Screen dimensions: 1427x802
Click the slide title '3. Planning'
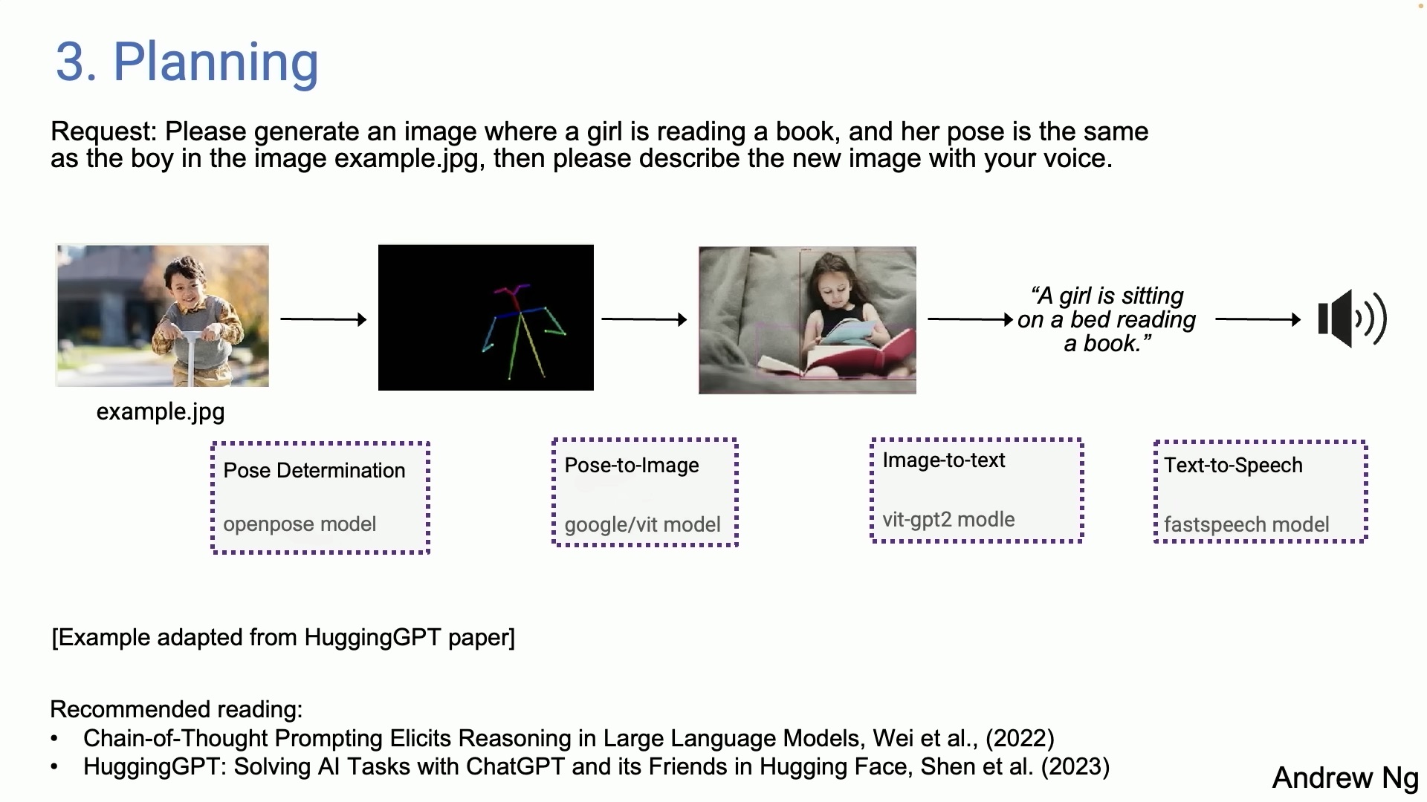[x=187, y=62]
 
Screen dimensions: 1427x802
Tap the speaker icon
[x=1352, y=319]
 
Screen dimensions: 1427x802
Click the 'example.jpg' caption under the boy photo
[x=161, y=412]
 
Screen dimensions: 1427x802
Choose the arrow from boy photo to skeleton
[x=323, y=319]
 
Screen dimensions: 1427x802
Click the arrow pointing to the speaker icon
[x=1258, y=319]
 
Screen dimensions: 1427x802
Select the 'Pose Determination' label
[x=314, y=471]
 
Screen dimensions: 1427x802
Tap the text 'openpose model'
[x=300, y=524]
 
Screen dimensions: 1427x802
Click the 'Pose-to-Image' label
[x=632, y=466]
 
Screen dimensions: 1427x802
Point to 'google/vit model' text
[x=642, y=525]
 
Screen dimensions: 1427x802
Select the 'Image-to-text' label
[x=943, y=460]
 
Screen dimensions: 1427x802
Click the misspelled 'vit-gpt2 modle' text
[x=948, y=520]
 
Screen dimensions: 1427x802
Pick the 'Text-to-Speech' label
[x=1233, y=466]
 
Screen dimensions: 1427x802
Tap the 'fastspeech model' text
[x=1246, y=525]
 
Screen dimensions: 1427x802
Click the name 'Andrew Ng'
[x=1345, y=777]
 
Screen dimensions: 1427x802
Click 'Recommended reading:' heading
[x=176, y=710]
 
